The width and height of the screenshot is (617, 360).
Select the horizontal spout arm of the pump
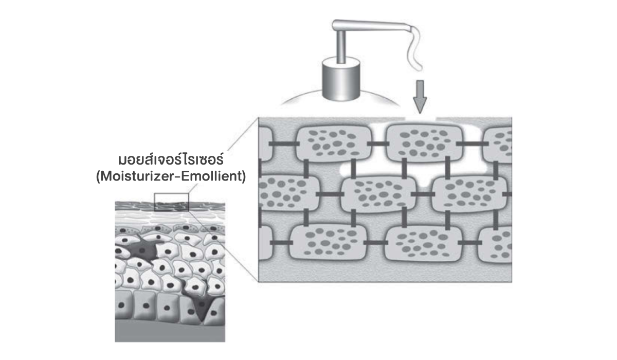pyautogui.click(x=370, y=25)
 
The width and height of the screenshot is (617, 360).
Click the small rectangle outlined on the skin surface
pyautogui.click(x=172, y=202)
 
